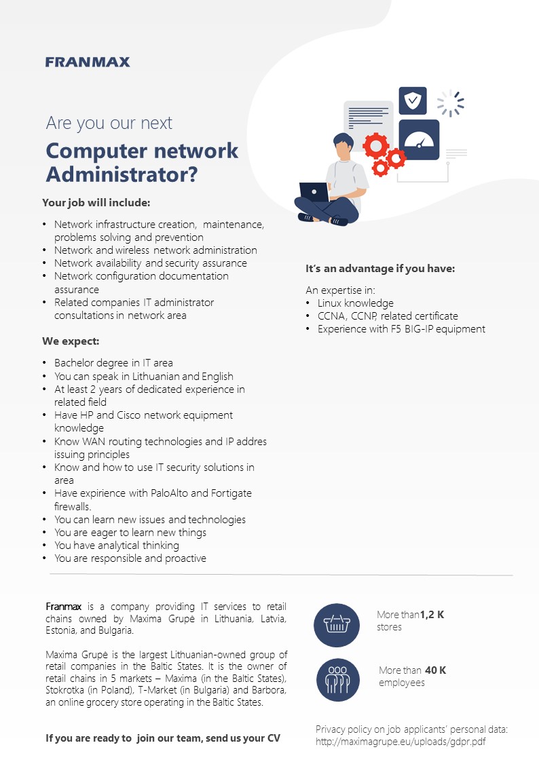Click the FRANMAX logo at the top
88,62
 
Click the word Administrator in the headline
116,174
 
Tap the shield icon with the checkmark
413,100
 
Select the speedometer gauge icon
419,140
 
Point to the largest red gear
376,145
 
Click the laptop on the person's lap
314,192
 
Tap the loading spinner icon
451,103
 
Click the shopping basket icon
337,625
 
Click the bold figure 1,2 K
432,615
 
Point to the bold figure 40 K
436,670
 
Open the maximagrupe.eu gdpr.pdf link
401,742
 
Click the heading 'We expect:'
71,341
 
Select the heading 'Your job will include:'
96,203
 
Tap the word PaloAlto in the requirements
170,493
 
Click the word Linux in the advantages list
329,303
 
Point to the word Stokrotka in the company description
64,690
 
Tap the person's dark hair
343,140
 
